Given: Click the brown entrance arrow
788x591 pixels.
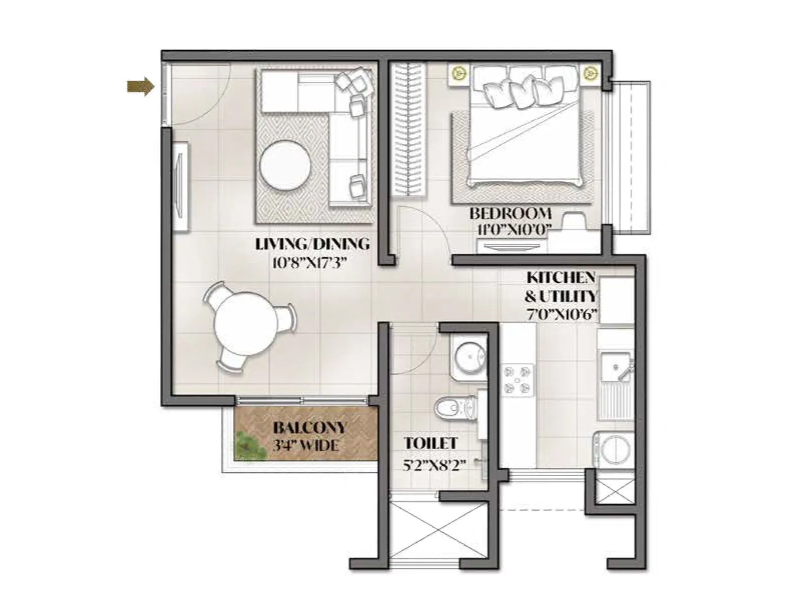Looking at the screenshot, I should point(140,87).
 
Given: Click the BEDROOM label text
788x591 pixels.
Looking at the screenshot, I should point(510,214).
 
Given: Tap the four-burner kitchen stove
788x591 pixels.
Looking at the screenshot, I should point(518,380).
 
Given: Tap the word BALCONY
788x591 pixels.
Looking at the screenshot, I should point(310,427).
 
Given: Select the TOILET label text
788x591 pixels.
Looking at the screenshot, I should point(431,443).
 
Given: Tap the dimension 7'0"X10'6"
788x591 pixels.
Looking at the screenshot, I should point(561,314).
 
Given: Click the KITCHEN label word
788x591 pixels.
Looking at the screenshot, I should point(561,278).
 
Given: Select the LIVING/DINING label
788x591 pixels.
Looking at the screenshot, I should point(312,244).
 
